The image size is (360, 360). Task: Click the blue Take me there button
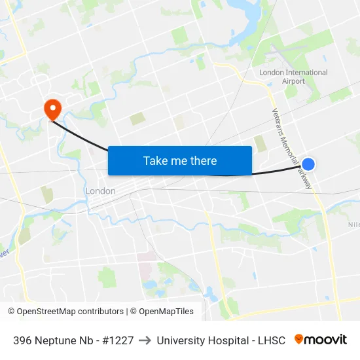(179, 160)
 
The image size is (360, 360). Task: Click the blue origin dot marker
(308, 164)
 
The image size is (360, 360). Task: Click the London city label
(100, 191)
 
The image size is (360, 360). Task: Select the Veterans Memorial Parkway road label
(292, 149)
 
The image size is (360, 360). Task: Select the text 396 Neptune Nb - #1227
(73, 340)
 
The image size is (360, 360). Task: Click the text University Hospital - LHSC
(221, 340)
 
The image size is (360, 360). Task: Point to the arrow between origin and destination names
(145, 340)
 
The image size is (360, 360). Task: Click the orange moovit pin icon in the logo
(299, 339)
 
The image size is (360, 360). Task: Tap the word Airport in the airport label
(293, 81)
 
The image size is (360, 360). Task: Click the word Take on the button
(154, 160)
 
